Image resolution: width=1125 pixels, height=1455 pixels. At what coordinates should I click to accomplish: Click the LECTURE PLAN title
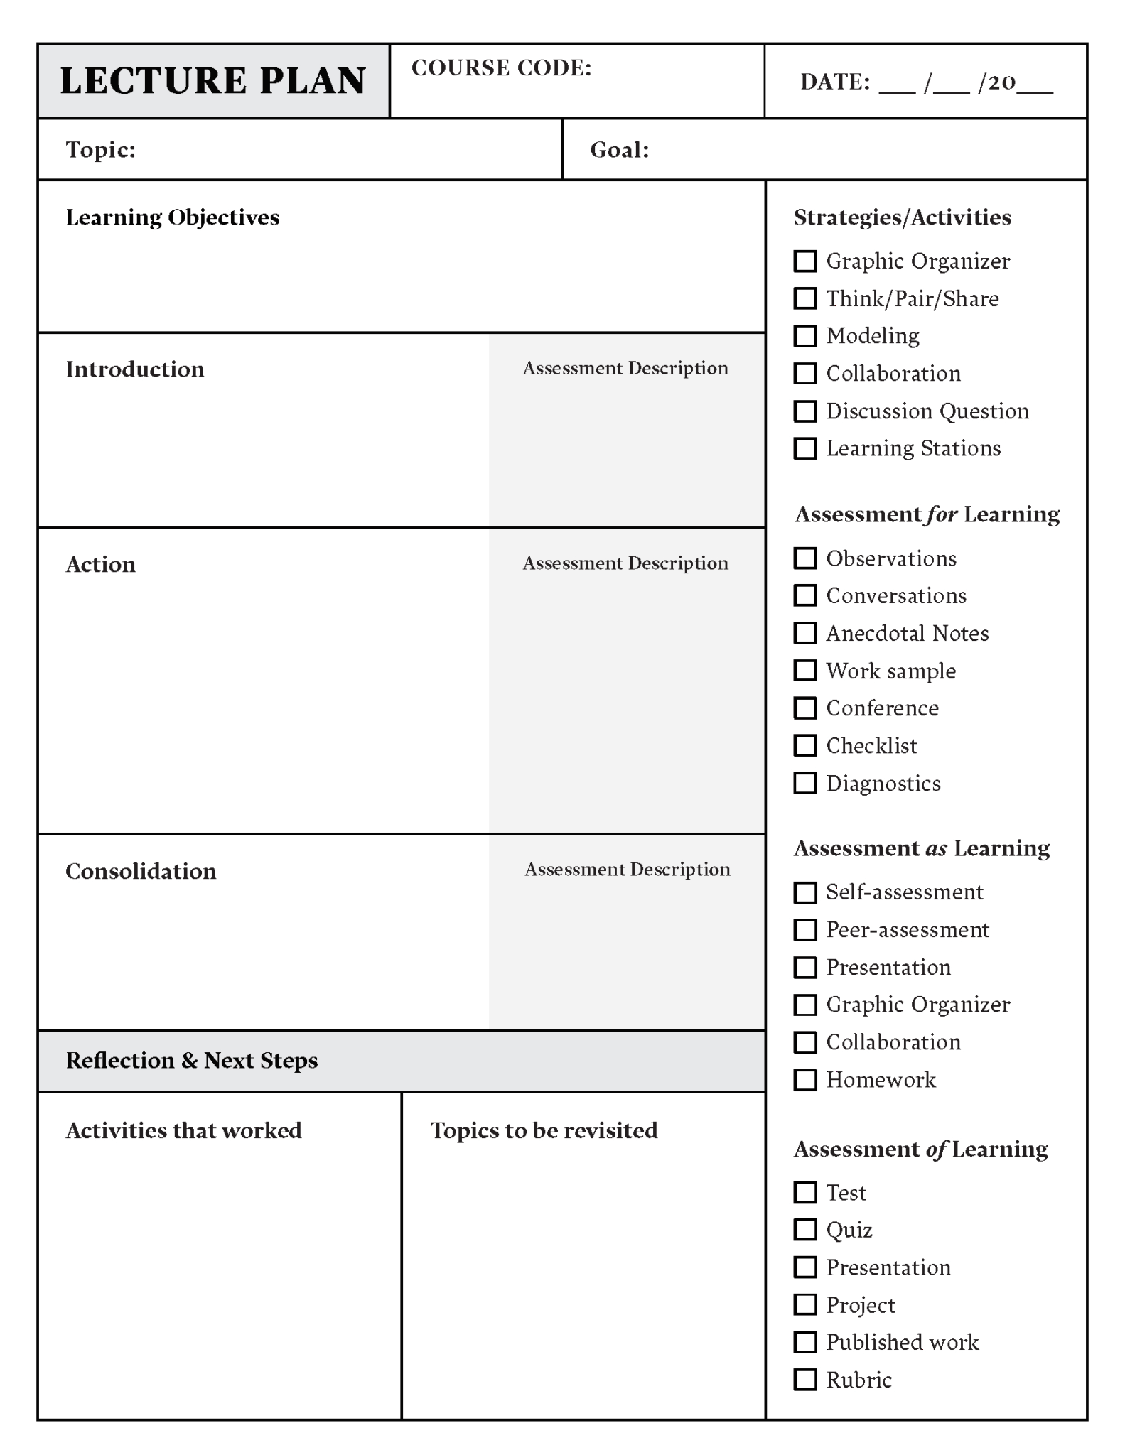point(212,80)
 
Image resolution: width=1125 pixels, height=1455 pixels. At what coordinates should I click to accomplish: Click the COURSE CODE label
point(501,68)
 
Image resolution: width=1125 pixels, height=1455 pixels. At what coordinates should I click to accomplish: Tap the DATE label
point(834,82)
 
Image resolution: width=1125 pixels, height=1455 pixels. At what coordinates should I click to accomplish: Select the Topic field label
point(100,150)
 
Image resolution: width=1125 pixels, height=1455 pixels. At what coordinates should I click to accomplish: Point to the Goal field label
point(619,150)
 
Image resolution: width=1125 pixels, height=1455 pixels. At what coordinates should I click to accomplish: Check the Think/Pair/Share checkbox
point(804,298)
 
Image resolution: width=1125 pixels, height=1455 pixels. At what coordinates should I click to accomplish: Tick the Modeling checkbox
point(804,336)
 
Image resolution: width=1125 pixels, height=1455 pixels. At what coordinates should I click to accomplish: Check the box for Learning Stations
point(804,448)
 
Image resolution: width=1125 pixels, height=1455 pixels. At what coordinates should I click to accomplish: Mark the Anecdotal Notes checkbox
point(804,633)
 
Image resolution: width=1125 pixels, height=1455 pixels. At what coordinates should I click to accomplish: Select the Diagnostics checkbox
point(804,783)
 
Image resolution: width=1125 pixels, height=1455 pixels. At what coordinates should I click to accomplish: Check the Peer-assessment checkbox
point(804,929)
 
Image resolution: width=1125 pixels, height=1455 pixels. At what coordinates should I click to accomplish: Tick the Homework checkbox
point(804,1080)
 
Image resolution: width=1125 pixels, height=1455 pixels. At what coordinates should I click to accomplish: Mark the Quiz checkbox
point(804,1230)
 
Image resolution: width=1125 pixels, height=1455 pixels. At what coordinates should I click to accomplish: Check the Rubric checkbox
point(804,1380)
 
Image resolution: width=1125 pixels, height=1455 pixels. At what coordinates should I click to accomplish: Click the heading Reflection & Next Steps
point(192,1061)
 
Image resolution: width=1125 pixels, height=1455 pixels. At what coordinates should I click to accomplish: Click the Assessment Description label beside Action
point(625,563)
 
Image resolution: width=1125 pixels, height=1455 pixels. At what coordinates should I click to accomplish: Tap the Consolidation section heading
point(141,872)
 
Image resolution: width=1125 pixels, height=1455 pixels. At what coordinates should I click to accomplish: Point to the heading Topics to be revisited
point(544,1130)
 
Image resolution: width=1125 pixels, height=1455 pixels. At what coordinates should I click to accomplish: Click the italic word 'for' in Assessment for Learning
point(942,514)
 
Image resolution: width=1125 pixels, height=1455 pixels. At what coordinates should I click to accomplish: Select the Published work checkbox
point(804,1342)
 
